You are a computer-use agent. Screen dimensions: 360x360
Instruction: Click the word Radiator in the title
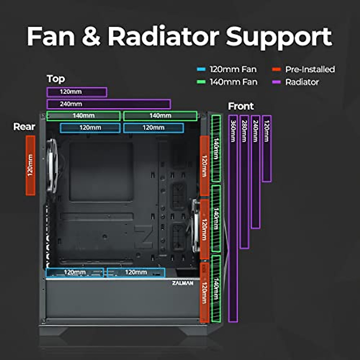pos(163,37)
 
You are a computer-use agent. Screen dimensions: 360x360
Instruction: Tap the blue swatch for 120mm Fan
pos(201,69)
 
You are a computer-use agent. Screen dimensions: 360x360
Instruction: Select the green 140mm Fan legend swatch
pos(201,82)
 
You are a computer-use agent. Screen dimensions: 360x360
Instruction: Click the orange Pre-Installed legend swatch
pos(276,69)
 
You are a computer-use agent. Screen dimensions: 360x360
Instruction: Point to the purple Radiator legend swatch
pos(276,82)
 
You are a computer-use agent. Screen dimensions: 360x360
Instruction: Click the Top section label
pos(56,79)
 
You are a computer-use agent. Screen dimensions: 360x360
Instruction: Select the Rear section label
pos(24,127)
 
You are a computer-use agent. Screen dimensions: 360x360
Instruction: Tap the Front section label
pos(241,106)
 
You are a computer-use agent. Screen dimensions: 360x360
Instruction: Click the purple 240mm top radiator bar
pos(109,104)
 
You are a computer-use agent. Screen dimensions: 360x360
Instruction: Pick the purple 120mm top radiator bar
pos(77,92)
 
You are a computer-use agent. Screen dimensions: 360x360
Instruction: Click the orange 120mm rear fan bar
pos(30,165)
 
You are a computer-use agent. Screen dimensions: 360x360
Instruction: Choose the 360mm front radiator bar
pos(233,219)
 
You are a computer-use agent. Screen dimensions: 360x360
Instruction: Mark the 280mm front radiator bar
pos(244,182)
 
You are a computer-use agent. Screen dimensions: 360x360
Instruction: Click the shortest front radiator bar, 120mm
pos(267,149)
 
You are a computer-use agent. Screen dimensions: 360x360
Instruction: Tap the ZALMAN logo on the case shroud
pos(182,283)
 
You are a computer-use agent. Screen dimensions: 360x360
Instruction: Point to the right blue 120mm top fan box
pos(153,128)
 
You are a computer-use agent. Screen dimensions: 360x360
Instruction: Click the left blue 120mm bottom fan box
pos(75,273)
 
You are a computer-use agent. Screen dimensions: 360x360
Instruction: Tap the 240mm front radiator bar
pos(256,172)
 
